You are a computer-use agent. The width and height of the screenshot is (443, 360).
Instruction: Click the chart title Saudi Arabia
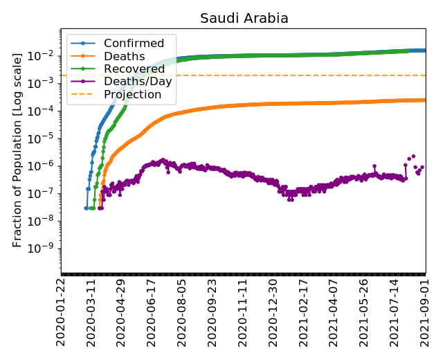[x=244, y=19]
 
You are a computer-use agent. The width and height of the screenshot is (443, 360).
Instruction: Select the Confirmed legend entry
[x=134, y=44]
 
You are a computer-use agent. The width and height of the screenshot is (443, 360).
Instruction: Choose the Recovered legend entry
[x=134, y=69]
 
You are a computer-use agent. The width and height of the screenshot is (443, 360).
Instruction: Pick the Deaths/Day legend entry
[x=138, y=81]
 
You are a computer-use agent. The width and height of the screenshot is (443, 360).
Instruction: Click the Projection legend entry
[x=132, y=93]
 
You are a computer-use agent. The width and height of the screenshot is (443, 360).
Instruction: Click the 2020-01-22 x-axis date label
[x=62, y=311]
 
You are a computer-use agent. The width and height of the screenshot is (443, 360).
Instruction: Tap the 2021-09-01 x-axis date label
[x=425, y=311]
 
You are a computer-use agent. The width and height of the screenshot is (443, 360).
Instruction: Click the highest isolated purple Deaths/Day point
[x=413, y=156]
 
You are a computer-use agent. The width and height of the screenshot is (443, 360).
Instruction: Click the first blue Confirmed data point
[x=86, y=208]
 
